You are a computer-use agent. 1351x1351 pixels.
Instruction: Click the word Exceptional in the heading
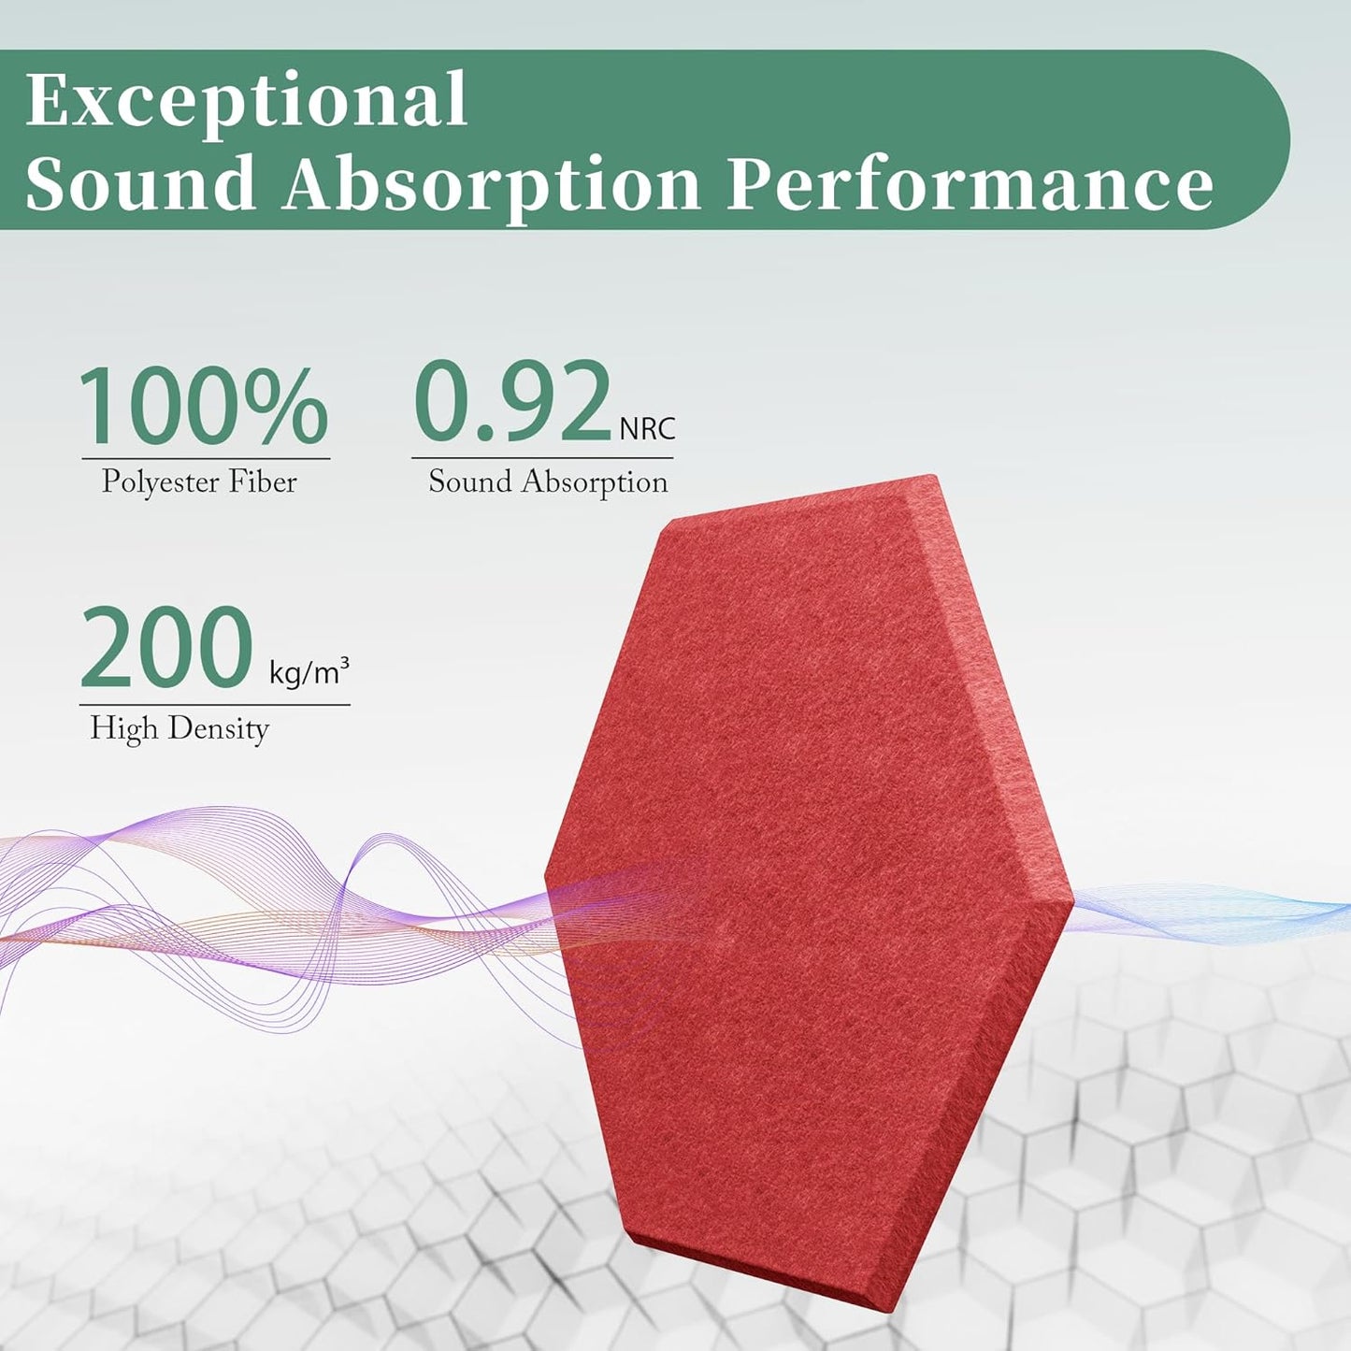click(246, 101)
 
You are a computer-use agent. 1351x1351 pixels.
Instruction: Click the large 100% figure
click(203, 407)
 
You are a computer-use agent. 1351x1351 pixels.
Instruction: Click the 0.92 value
click(512, 402)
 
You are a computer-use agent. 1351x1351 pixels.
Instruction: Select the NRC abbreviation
click(647, 428)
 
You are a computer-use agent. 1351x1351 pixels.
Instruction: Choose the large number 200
click(166, 648)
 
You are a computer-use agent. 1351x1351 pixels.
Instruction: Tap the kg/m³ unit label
click(309, 671)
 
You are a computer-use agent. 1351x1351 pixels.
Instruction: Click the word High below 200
click(123, 727)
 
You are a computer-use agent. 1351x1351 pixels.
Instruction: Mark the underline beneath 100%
click(206, 459)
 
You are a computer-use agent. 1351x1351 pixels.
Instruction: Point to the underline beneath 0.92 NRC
click(542, 458)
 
